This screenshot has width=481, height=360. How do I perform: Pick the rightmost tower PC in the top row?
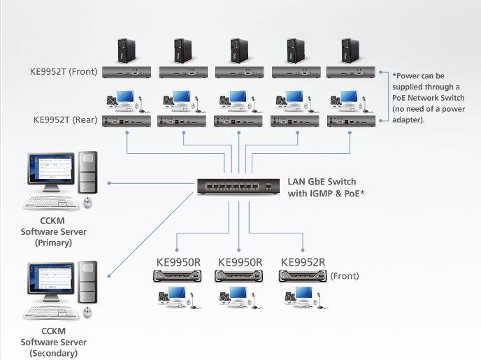coord(351,51)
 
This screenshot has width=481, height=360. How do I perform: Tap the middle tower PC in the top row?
coord(239,51)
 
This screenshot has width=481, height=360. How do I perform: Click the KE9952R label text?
coord(303,262)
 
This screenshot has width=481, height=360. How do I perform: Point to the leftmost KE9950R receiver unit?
coord(177,276)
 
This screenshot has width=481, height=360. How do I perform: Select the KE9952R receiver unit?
coord(303,276)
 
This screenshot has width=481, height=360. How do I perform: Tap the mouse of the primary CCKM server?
coord(88,203)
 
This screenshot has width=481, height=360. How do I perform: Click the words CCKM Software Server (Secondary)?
coord(53,342)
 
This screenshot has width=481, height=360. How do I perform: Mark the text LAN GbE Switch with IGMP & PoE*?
coord(326,187)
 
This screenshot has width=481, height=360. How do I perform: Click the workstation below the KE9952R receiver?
coord(302,298)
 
